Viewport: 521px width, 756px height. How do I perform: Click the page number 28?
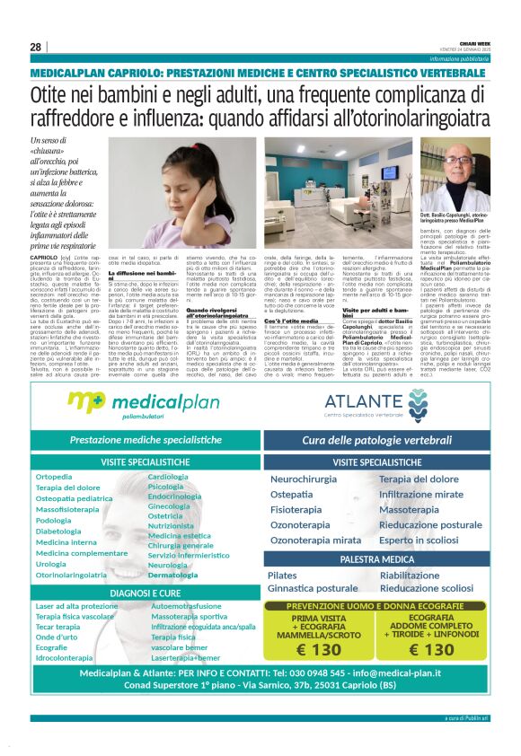tap(35, 47)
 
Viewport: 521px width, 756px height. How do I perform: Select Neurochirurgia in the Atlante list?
tap(304, 479)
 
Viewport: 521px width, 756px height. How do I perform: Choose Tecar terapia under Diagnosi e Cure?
tap(59, 628)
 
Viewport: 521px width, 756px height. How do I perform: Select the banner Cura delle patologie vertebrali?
tap(376, 440)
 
